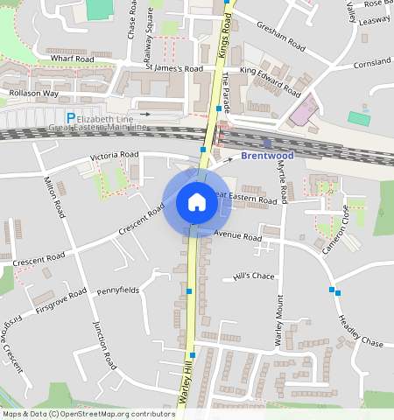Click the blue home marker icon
pos(197,203)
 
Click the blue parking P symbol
pos(71,117)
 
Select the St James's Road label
pos(174,67)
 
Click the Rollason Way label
pos(33,93)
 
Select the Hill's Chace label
pos(254,276)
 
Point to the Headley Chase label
pos(360,330)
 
